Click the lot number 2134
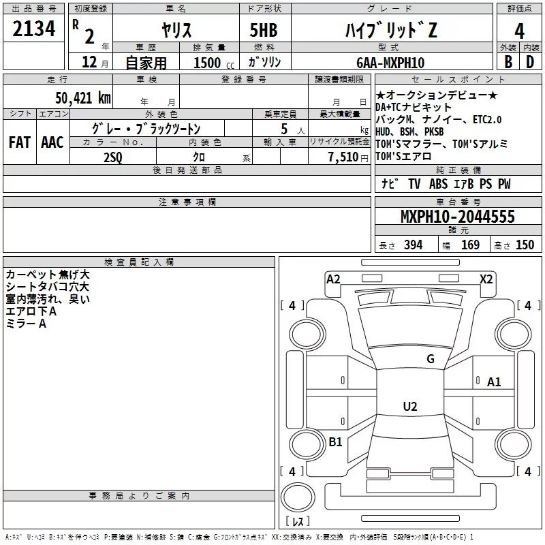tap(34, 29)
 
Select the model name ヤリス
tap(176, 29)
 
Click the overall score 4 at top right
tap(519, 31)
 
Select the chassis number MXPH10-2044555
tap(457, 217)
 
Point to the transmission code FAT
tap(19, 142)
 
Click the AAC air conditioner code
tap(52, 142)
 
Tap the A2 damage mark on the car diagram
tap(333, 279)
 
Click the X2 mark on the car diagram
tap(486, 279)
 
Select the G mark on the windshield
tap(430, 359)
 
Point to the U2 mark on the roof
tap(409, 407)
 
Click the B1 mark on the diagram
tap(335, 442)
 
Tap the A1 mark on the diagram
tap(494, 382)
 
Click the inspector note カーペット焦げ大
tap(47, 275)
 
